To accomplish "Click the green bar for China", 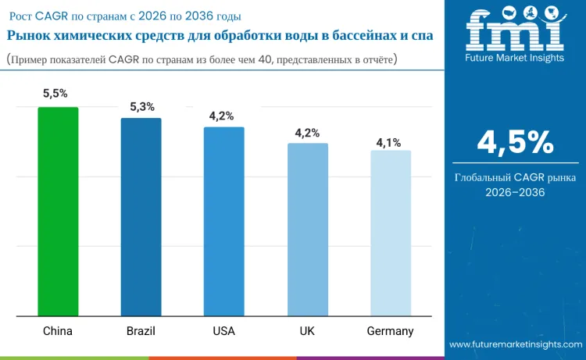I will click(x=58, y=212).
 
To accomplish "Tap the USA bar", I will click(x=223, y=222).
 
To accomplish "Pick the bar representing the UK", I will click(x=307, y=230).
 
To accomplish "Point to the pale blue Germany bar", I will click(x=390, y=233).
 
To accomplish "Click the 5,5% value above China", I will click(x=55, y=93).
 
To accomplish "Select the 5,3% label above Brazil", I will click(x=141, y=106).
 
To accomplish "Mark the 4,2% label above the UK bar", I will click(x=307, y=133).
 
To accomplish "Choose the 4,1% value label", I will click(x=388, y=142).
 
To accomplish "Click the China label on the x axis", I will click(x=58, y=331).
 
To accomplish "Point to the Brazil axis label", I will click(x=141, y=331).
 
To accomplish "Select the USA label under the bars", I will click(x=223, y=331).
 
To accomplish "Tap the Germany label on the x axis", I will click(x=390, y=331).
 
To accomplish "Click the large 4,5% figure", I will click(x=515, y=143).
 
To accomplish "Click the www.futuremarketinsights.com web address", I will click(x=515, y=344).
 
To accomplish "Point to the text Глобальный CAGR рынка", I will click(x=515, y=177).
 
